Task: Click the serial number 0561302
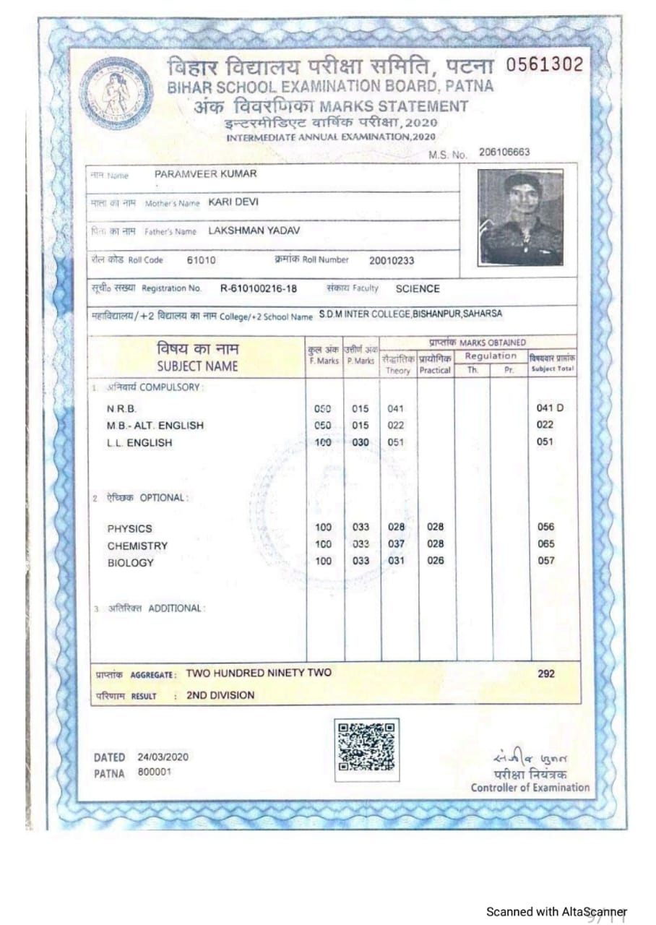coord(544,65)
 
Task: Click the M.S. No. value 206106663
coord(504,152)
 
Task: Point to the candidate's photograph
coord(520,218)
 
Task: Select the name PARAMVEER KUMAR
coord(205,174)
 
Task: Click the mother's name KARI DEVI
coord(233,203)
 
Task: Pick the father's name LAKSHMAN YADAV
coord(254,231)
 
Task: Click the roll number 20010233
coord(392,261)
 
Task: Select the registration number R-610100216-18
coord(259,289)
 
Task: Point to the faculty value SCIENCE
coord(418,289)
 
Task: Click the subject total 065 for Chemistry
coord(545,544)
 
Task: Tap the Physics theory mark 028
coord(396,527)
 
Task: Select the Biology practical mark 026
coord(436,561)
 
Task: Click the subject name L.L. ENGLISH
coord(139,443)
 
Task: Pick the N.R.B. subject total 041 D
coord(550,408)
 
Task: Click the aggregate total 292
coord(546,674)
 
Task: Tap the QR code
coord(367,749)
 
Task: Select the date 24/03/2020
coord(163,757)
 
